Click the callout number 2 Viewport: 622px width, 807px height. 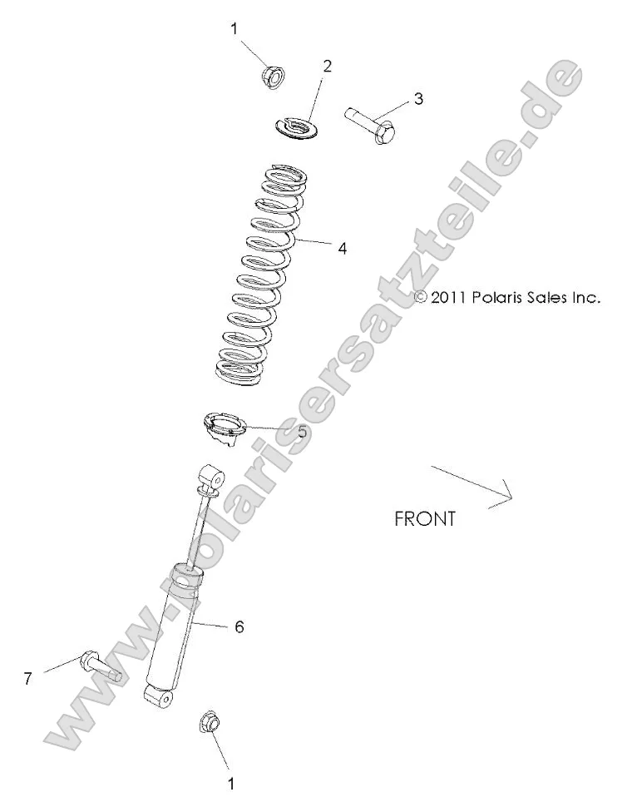pyautogui.click(x=327, y=66)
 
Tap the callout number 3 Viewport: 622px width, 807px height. pyautogui.click(x=417, y=98)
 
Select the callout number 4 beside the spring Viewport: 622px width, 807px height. pyautogui.click(x=342, y=248)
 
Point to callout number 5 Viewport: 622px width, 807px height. pyautogui.click(x=302, y=432)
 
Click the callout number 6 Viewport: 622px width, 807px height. pyautogui.click(x=239, y=626)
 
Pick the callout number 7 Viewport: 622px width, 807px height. pyautogui.click(x=27, y=679)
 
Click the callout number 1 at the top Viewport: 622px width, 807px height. pyautogui.click(x=234, y=29)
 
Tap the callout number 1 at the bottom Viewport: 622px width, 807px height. pyautogui.click(x=231, y=782)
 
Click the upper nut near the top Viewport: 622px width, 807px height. pyautogui.click(x=272, y=77)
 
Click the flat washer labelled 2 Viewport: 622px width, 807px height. pyautogui.click(x=296, y=128)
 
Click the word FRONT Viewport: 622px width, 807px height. pyautogui.click(x=424, y=519)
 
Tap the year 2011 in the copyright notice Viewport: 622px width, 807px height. pyautogui.click(x=449, y=297)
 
